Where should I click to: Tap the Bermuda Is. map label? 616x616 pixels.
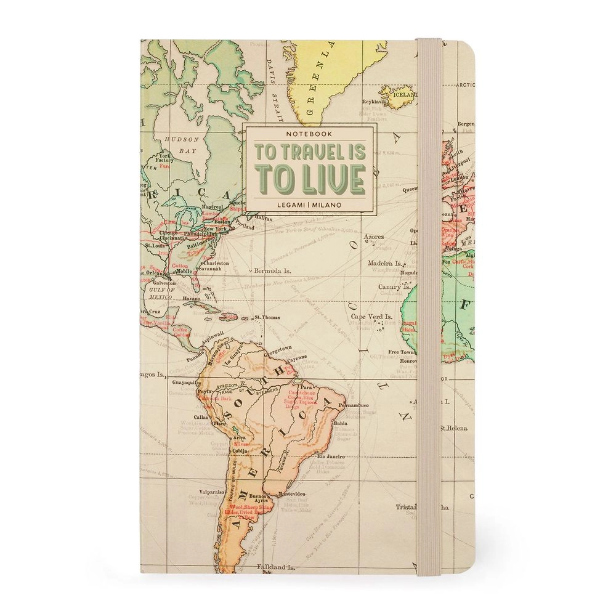click(x=272, y=270)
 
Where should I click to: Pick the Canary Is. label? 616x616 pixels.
click(x=394, y=286)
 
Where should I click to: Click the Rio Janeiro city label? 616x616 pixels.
click(x=330, y=456)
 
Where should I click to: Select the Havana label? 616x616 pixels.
click(x=175, y=299)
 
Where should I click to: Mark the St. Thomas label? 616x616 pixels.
click(x=267, y=318)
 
